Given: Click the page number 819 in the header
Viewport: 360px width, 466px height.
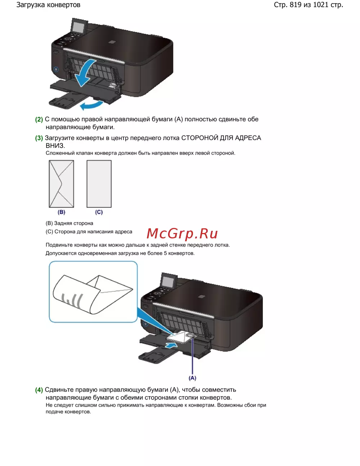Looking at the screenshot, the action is click(x=296, y=5).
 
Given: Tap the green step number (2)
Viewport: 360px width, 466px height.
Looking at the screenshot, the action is click(x=39, y=120).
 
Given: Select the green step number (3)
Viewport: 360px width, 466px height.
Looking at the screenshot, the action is click(x=39, y=138).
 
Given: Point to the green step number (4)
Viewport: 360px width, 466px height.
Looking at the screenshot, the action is click(x=39, y=390).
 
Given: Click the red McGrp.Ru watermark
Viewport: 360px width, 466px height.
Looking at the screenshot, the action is click(x=182, y=233).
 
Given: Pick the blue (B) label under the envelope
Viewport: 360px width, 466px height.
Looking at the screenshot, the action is click(x=61, y=212).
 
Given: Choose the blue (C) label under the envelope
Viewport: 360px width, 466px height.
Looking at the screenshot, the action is click(x=99, y=212).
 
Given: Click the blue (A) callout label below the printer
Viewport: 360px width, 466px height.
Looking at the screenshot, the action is click(x=192, y=378).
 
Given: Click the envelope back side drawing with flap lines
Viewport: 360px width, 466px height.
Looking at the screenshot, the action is click(x=61, y=184).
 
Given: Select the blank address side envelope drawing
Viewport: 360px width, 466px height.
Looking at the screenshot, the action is click(x=99, y=184).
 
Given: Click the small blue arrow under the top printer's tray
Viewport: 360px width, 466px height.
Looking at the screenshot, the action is click(x=91, y=106).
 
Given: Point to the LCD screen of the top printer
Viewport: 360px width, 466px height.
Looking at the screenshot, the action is click(x=78, y=27).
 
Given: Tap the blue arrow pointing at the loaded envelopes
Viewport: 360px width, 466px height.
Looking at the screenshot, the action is click(x=171, y=345).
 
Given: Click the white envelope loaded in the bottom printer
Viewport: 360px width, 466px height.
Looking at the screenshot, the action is click(x=178, y=337).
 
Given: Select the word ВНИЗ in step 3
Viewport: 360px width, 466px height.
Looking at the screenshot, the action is click(x=55, y=146).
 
